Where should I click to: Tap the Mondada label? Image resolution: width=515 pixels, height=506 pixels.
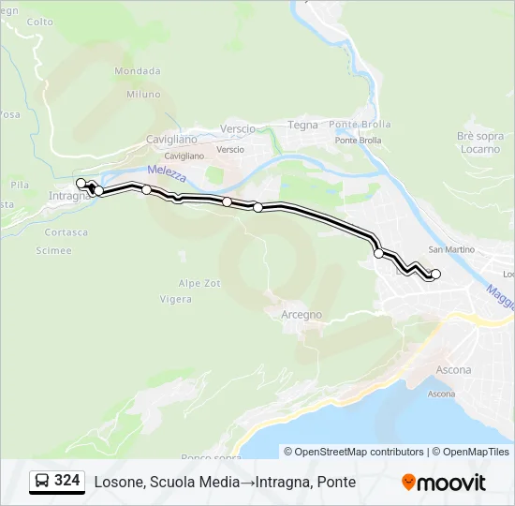tap(138, 71)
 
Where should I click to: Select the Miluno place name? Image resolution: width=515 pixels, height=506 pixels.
tap(143, 95)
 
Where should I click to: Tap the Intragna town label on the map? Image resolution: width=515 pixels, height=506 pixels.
tap(68, 196)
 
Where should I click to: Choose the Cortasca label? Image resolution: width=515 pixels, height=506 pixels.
tap(66, 232)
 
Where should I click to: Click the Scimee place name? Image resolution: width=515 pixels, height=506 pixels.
tap(53, 251)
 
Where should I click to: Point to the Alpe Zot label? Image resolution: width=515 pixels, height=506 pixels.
tap(199, 283)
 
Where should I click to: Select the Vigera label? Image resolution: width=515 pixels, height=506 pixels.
tap(176, 300)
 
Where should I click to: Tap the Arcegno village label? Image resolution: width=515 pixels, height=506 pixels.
tap(302, 315)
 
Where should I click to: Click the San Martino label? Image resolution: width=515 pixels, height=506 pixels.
tap(451, 249)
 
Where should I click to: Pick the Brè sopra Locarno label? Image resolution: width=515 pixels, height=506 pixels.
tap(479, 142)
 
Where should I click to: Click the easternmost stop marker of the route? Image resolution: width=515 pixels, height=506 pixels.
tap(435, 274)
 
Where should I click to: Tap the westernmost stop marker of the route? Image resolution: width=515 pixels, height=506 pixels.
tap(81, 183)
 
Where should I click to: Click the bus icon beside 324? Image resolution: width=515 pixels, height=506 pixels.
tap(42, 482)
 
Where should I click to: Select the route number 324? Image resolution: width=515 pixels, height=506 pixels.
tap(66, 482)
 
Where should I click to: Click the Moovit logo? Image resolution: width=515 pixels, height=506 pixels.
tap(444, 483)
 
